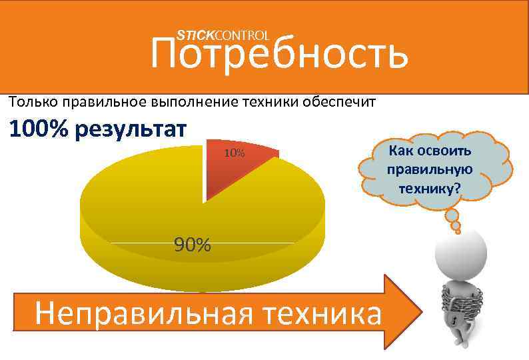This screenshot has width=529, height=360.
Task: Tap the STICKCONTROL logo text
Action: pos(223,35)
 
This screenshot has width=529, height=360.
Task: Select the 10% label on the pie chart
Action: pos(234,154)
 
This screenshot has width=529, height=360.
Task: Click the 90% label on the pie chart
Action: pos(193,245)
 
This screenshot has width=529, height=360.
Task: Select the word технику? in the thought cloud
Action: pos(429,188)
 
